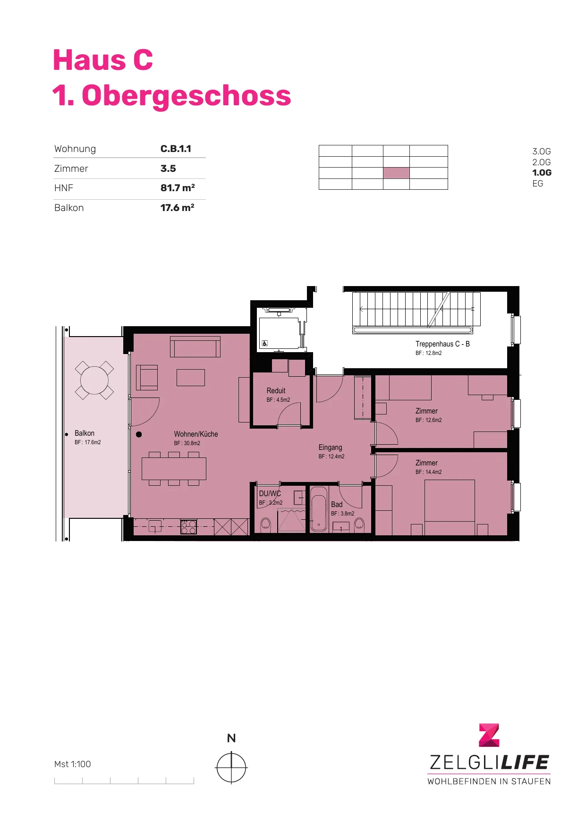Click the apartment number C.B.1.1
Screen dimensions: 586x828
176,149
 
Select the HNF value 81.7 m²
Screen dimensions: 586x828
178,188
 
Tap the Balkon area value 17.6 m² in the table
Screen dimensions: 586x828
178,208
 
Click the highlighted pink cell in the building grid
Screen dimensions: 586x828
396,173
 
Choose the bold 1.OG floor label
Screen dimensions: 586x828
542,173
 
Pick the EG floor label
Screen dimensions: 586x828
538,184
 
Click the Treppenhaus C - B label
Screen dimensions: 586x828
442,344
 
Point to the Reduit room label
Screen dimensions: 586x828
276,391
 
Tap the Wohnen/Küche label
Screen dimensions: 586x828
196,434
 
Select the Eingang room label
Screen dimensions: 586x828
330,448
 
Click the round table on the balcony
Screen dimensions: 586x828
94,380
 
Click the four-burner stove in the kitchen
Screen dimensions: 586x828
188,527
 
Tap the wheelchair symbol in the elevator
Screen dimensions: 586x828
265,344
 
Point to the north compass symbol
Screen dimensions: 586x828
231,768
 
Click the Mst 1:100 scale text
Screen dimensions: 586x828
72,764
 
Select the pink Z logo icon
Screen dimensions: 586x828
489,735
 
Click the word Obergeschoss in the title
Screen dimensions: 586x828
187,95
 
